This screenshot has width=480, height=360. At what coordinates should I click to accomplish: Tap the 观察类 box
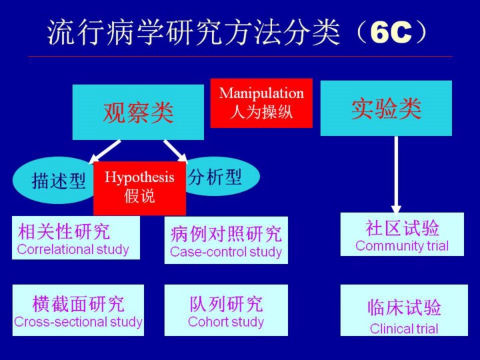(x=138, y=112)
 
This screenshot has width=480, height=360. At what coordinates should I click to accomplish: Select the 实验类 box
(x=386, y=108)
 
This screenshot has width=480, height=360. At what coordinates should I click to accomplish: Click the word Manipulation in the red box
(x=261, y=93)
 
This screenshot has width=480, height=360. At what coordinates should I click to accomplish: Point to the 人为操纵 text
(x=261, y=112)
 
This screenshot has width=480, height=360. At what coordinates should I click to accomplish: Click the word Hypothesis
(x=139, y=177)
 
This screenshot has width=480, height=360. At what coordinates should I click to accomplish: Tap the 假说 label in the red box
(x=139, y=197)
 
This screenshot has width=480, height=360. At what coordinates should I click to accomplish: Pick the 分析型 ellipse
(x=220, y=177)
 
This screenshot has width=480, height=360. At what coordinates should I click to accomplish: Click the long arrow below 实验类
(x=396, y=173)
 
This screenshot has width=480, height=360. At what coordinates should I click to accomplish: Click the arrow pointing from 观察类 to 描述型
(x=105, y=151)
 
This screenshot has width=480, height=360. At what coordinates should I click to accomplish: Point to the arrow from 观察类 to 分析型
(x=175, y=151)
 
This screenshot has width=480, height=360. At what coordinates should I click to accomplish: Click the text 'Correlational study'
(x=73, y=249)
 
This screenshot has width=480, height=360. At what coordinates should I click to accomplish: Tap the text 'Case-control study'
(x=226, y=252)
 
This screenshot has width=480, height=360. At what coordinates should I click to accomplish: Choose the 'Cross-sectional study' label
(x=79, y=322)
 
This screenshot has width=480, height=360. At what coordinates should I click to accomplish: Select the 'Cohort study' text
(x=226, y=322)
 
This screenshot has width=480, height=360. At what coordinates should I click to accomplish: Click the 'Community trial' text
(x=402, y=245)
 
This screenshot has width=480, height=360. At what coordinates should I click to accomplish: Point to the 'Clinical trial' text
(x=404, y=328)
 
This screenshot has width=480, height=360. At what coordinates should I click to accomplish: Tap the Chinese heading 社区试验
(x=402, y=227)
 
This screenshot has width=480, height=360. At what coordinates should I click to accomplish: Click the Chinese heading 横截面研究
(x=79, y=304)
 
